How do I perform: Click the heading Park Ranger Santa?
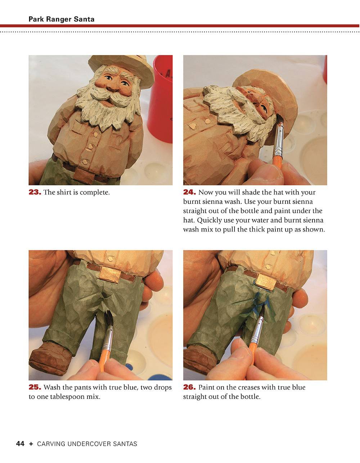61,19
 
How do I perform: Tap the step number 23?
35,192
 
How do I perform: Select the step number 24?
189,192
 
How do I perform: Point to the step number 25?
35,387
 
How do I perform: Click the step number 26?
189,387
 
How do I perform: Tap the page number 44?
20,444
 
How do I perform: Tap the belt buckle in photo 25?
109,274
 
